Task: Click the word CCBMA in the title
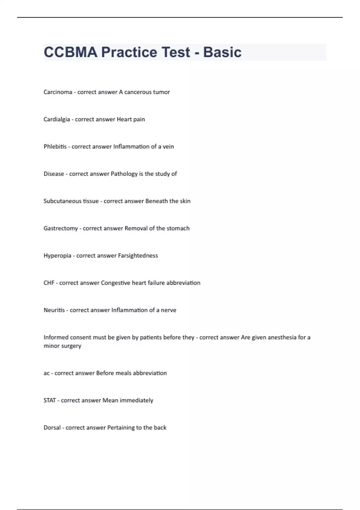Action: [x=70, y=52]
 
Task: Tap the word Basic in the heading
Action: [x=222, y=52]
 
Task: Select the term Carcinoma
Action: [x=58, y=92]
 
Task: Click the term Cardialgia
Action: [x=57, y=119]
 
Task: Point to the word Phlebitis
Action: [x=55, y=147]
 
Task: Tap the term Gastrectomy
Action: [x=61, y=228]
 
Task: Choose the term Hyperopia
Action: [x=57, y=256]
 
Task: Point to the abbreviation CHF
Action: [x=49, y=283]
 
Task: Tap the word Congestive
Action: [x=115, y=283]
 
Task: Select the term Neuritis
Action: [x=54, y=310]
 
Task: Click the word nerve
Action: [x=169, y=310]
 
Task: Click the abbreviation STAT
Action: [x=49, y=400]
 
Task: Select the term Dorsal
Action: [x=52, y=428]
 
